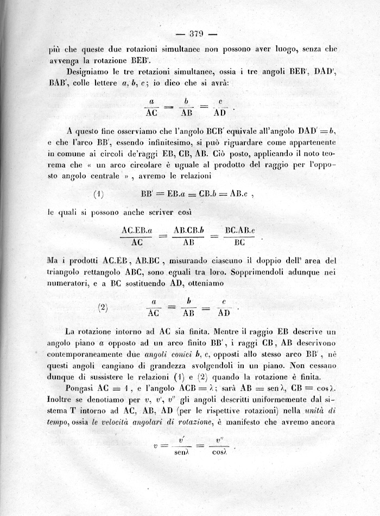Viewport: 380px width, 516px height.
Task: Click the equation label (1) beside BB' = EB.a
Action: click(x=98, y=194)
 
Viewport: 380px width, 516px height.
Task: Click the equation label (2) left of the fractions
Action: click(x=103, y=307)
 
